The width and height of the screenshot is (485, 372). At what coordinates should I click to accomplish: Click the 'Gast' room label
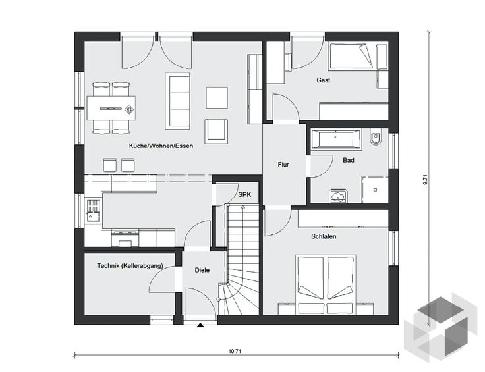(x=324, y=80)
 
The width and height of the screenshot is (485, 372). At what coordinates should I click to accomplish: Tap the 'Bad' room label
(x=349, y=161)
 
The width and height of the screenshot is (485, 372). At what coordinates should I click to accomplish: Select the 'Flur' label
(x=283, y=165)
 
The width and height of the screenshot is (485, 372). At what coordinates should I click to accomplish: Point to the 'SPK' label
(x=244, y=195)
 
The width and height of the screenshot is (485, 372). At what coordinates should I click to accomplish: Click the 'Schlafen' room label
(x=324, y=236)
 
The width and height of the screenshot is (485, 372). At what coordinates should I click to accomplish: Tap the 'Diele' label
(x=202, y=270)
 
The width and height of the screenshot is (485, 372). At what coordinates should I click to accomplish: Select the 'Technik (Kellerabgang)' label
(x=130, y=266)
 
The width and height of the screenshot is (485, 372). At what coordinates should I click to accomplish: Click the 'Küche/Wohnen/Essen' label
(x=161, y=146)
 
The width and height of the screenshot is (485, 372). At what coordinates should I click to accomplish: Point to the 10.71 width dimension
(x=235, y=352)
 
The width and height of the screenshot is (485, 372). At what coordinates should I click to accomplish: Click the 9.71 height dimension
(x=425, y=180)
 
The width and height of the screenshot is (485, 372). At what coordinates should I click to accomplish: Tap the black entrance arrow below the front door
(x=201, y=325)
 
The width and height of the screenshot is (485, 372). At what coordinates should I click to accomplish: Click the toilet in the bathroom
(x=376, y=138)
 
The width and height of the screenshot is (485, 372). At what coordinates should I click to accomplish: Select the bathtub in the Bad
(x=336, y=140)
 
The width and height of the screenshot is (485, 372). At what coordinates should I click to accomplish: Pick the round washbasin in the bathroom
(x=339, y=196)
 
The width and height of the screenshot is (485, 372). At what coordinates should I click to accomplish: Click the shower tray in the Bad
(x=375, y=190)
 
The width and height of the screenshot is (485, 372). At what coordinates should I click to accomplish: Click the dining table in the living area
(x=111, y=108)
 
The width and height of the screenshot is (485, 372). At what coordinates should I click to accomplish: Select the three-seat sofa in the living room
(x=177, y=101)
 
